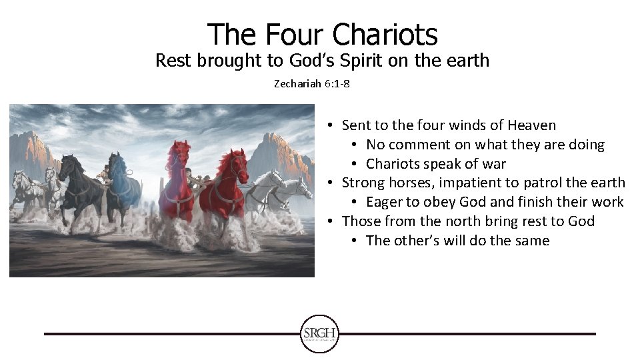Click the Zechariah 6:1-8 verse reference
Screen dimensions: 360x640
click(x=312, y=85)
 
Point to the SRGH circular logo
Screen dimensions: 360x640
click(x=320, y=333)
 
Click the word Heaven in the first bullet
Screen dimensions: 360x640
click(x=531, y=125)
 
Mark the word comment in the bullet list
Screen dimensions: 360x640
click(x=416, y=145)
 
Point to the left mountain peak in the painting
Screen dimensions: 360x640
click(x=33, y=137)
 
